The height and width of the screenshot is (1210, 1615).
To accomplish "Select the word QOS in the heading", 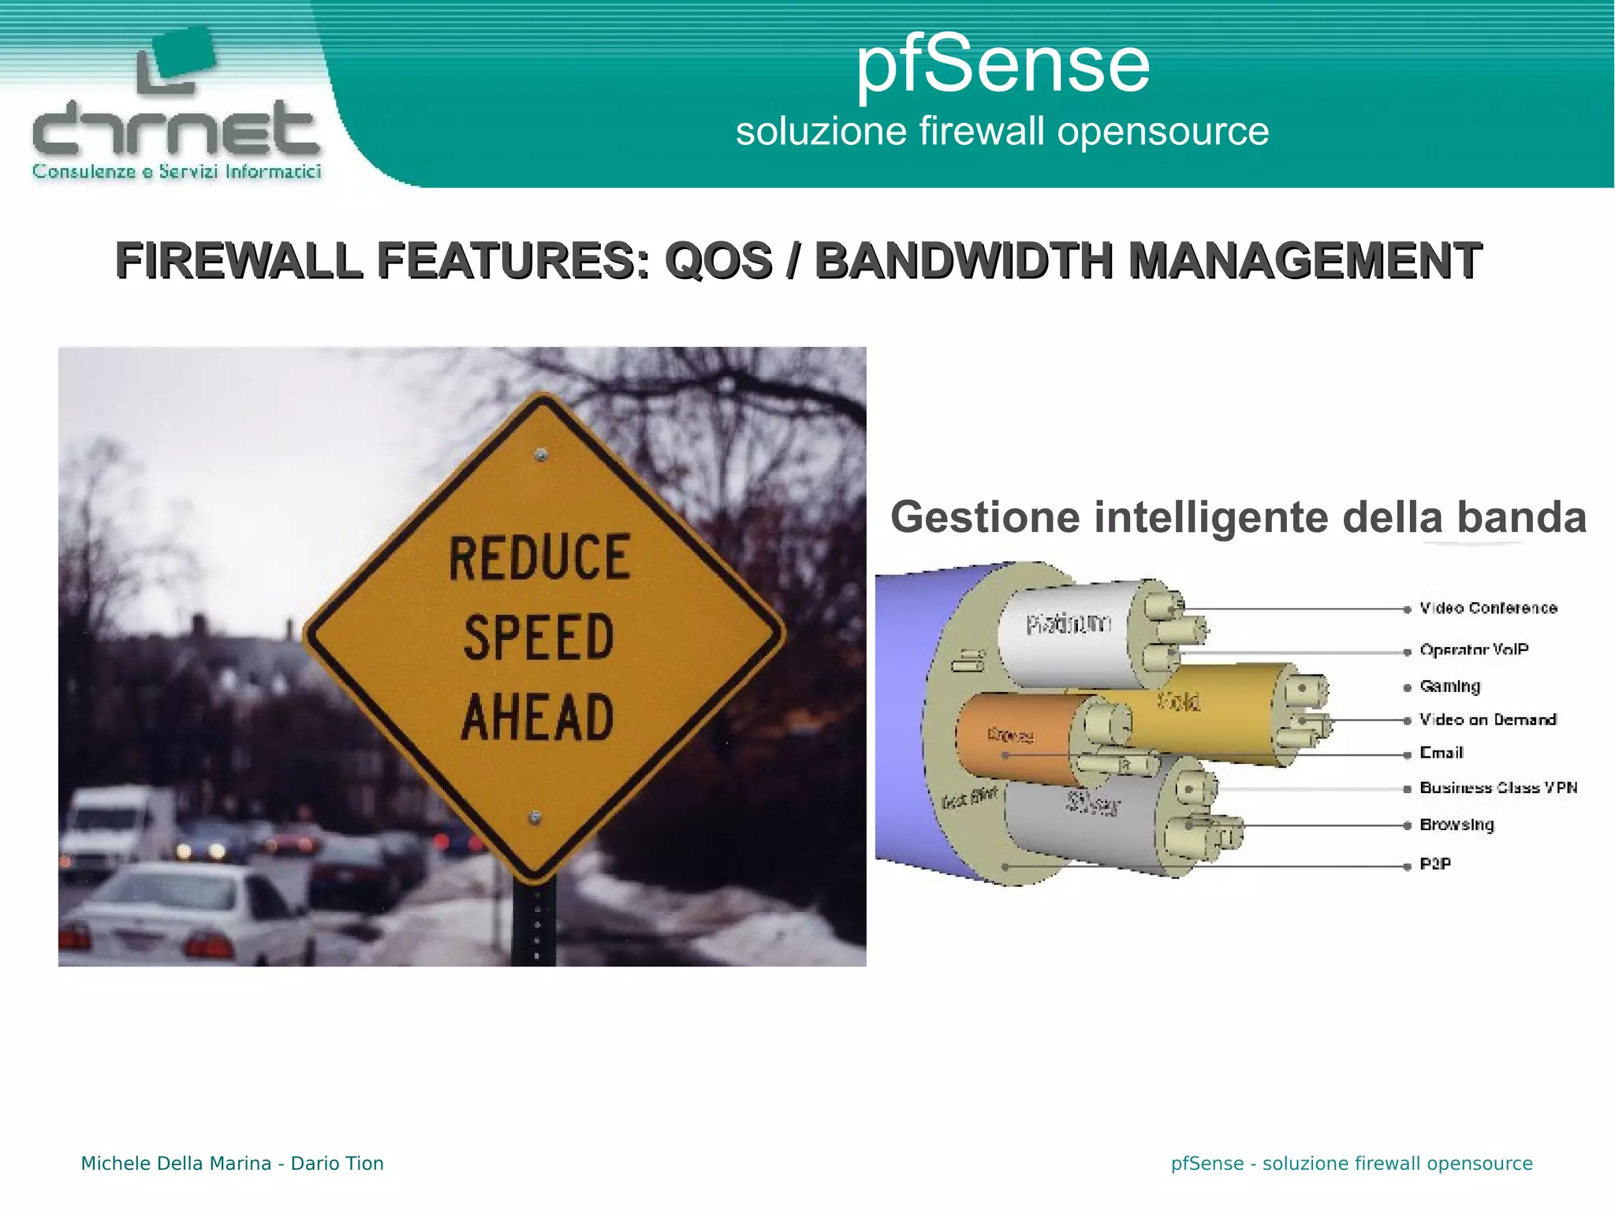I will click(x=718, y=261).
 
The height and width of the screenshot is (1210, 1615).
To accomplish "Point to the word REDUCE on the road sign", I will click(x=539, y=557).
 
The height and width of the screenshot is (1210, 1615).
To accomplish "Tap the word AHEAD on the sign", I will click(x=538, y=717).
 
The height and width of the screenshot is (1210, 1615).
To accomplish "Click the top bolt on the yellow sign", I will click(x=541, y=455).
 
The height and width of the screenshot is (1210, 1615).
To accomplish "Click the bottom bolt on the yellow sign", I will click(x=535, y=817).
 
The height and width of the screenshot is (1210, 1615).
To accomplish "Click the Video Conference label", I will click(x=1488, y=608).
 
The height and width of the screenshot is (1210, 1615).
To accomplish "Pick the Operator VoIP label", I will click(x=1473, y=650).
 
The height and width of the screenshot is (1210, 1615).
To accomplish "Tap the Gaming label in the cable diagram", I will click(x=1449, y=686).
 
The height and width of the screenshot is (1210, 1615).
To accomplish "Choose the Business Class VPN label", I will click(x=1498, y=787).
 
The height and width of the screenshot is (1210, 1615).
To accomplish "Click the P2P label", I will click(x=1434, y=864).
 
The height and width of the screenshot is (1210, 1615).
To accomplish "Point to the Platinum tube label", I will click(x=1069, y=624).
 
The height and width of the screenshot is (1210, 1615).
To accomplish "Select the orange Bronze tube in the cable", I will click(x=1013, y=737).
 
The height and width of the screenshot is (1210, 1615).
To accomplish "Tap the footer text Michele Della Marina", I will click(x=176, y=1163).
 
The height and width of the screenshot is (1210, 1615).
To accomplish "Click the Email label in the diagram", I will click(x=1441, y=753).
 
